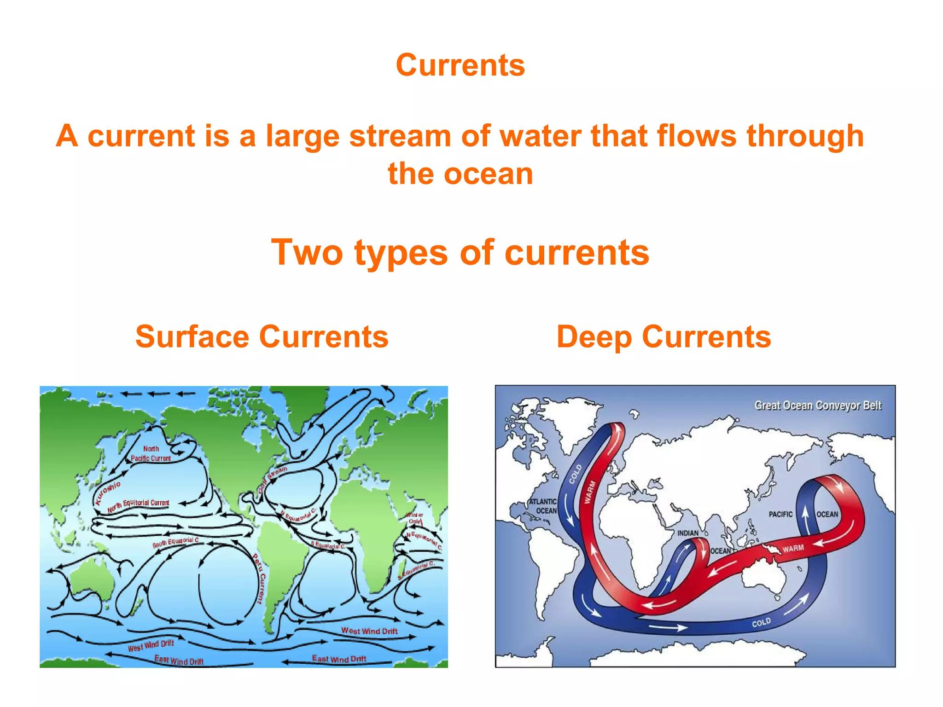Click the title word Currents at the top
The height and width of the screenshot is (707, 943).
(460, 65)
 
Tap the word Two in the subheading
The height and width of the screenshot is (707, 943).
(307, 253)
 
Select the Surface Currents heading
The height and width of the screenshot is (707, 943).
(262, 336)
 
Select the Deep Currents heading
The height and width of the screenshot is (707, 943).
(664, 336)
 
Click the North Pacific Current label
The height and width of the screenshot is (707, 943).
(151, 454)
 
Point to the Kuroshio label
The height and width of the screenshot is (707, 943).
(107, 493)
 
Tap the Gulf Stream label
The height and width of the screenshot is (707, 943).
(272, 479)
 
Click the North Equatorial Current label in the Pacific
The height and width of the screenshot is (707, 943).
(138, 505)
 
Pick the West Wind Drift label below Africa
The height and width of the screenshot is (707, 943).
(369, 631)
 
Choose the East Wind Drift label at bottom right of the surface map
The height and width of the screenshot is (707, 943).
(339, 659)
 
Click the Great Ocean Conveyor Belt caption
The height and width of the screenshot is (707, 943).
(817, 406)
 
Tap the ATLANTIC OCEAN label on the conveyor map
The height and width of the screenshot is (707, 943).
(544, 506)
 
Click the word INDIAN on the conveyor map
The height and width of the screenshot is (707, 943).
(687, 533)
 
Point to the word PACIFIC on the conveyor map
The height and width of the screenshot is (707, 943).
(780, 514)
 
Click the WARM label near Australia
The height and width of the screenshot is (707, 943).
(793, 549)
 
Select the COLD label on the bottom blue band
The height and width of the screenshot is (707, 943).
(761, 623)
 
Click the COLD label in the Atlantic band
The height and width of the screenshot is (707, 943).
(575, 474)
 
